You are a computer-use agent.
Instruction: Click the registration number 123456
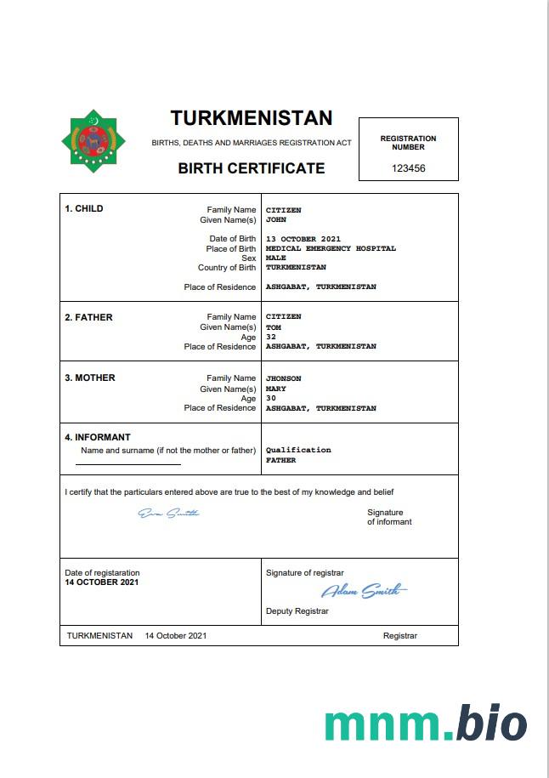click(408, 168)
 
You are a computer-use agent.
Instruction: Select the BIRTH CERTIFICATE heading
click(251, 168)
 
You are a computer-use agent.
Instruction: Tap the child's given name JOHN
click(275, 219)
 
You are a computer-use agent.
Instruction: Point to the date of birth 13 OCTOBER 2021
click(303, 239)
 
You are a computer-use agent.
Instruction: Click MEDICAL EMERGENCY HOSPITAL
click(331, 249)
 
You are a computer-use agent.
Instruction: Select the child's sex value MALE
click(275, 258)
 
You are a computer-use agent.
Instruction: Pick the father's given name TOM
click(273, 327)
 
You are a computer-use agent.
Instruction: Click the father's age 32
click(270, 337)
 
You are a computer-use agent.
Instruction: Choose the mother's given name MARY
click(275, 389)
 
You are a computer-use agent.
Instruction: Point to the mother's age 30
click(270, 398)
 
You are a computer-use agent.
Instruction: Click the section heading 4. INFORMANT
click(98, 438)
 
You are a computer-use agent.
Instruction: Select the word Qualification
click(298, 450)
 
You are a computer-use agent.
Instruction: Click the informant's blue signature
click(169, 513)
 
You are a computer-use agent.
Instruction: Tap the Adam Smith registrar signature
click(363, 591)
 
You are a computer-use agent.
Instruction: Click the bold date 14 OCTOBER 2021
click(102, 582)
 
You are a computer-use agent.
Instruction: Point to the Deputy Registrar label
click(297, 611)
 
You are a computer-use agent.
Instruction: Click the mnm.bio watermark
click(425, 723)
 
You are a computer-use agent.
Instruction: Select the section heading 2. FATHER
click(88, 317)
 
